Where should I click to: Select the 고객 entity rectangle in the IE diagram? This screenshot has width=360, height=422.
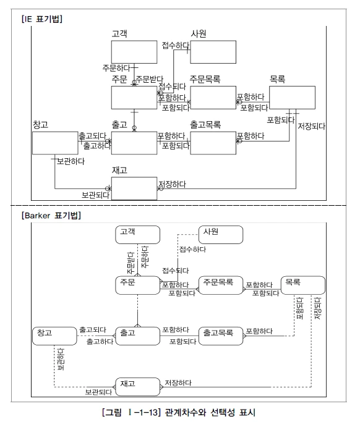pos(134,52)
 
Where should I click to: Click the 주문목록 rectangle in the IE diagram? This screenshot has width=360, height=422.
pos(213,97)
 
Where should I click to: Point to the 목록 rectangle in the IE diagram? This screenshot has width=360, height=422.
pos(292,97)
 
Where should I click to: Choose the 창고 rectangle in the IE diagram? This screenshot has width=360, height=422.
pos(55,142)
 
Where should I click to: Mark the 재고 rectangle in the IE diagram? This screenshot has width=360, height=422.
pos(134,188)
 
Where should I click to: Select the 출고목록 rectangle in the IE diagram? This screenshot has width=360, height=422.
pos(213,142)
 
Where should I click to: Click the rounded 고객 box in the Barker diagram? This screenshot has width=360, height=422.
pos(137,235)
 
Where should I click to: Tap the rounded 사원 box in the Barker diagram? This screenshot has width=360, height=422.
pos(220,235)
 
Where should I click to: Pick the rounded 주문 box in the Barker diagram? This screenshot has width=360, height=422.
pos(137,285)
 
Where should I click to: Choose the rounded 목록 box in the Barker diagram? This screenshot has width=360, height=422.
pos(302,285)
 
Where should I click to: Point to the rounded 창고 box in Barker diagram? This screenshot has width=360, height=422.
pos(54,336)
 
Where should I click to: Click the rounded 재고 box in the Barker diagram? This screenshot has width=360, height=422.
pos(137,386)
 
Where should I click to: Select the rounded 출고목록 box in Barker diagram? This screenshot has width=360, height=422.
pos(220,336)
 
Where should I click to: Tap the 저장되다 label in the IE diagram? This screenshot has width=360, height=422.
pos(312,127)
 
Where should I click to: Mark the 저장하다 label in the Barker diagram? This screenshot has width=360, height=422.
pos(178,382)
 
